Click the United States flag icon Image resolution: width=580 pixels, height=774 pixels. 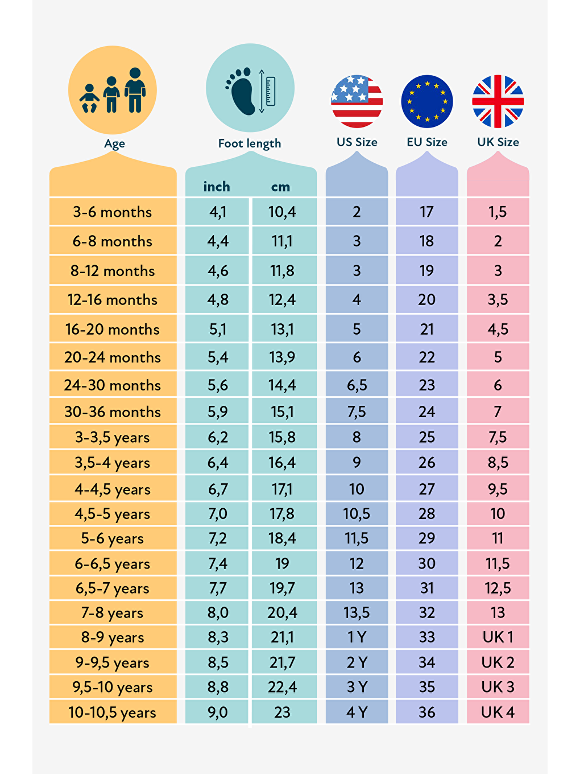[x=357, y=101]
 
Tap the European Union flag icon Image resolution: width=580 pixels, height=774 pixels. [x=427, y=101]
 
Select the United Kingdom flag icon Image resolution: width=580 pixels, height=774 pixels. [x=498, y=101]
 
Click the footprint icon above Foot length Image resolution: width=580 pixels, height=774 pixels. [x=243, y=90]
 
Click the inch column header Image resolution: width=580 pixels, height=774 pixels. [x=217, y=187]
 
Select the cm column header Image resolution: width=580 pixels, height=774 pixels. [x=280, y=187]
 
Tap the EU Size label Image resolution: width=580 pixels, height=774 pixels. [x=427, y=142]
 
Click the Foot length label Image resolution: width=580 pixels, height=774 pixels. [x=250, y=143]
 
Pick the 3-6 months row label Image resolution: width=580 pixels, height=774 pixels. [x=113, y=212]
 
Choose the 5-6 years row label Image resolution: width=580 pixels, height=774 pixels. [x=113, y=538]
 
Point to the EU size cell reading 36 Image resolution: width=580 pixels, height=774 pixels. [x=427, y=712]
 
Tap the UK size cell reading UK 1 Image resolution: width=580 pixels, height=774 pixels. [x=498, y=637]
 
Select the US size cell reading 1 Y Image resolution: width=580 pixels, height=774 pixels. [x=357, y=637]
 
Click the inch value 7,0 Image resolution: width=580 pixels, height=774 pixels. [x=217, y=514]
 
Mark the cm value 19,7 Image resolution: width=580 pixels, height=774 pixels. [x=282, y=588]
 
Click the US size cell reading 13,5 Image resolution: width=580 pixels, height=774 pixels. [x=357, y=613]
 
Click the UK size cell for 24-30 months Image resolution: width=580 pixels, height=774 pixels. [x=498, y=385]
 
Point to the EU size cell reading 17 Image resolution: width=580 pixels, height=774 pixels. [x=427, y=212]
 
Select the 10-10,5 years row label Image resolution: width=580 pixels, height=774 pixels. [x=113, y=713]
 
